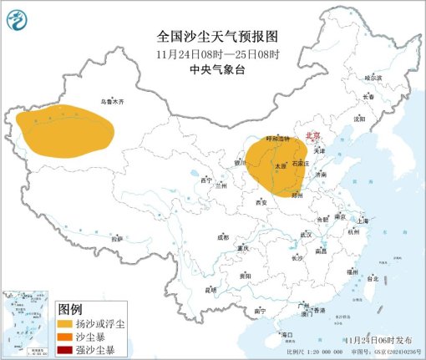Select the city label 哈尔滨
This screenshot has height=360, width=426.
372,78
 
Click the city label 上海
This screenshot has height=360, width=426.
362,221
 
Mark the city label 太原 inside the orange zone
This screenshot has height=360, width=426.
281,167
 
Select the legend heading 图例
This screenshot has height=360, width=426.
69,307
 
